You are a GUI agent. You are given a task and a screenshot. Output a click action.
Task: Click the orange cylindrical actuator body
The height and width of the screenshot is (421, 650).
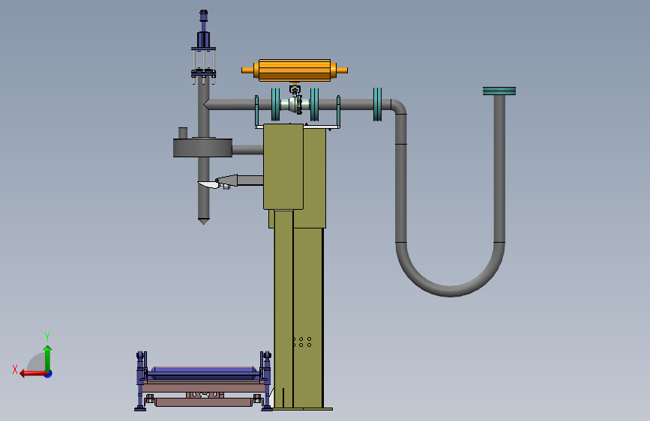295,70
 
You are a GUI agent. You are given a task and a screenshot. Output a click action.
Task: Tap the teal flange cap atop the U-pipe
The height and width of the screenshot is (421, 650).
499,91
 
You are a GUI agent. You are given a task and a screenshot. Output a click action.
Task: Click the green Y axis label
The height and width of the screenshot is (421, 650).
47,336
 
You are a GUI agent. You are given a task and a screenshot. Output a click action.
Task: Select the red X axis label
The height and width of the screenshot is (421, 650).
15,369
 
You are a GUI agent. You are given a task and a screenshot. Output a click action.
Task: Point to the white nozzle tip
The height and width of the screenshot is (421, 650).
208,185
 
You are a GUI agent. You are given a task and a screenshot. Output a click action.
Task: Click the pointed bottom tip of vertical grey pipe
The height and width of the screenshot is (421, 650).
203,222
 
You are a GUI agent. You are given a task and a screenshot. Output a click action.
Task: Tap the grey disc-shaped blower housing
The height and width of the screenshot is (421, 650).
202,148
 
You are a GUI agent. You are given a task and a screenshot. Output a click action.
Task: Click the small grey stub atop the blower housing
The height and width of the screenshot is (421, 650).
182,133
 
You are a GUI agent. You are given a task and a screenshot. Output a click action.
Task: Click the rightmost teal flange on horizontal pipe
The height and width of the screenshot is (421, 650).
377,104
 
